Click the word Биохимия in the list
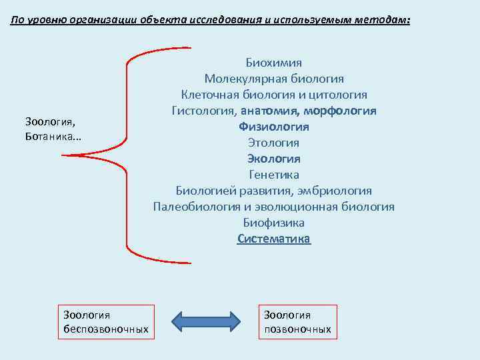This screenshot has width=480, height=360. pyautogui.click(x=273, y=63)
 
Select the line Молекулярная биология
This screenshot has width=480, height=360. pyautogui.click(x=273, y=79)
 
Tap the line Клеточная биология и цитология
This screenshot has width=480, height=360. pyautogui.click(x=273, y=95)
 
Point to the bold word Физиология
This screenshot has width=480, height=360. pyautogui.click(x=273, y=127)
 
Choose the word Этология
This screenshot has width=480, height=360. pyautogui.click(x=273, y=143)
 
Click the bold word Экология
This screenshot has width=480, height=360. pyautogui.click(x=273, y=159)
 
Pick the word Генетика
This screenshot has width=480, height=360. pyautogui.click(x=273, y=175)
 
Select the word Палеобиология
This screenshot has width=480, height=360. pyautogui.click(x=193, y=207)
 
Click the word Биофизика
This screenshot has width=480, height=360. pyautogui.click(x=273, y=223)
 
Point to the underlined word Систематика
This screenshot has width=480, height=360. pyautogui.click(x=273, y=239)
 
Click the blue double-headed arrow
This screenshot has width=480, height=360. pyautogui.click(x=205, y=321)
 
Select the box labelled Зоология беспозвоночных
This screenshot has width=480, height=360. pyautogui.click(x=105, y=322)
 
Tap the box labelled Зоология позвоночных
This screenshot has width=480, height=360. pyautogui.click(x=297, y=322)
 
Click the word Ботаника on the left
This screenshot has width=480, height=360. pyautogui.click(x=55, y=136)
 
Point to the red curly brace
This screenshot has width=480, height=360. pyautogui.click(x=127, y=155)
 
